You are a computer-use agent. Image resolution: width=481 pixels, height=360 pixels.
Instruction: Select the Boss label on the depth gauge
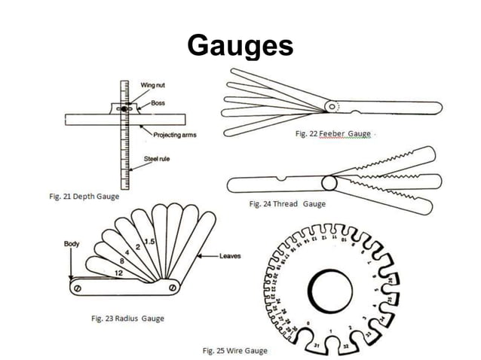pyautogui.click(x=158, y=102)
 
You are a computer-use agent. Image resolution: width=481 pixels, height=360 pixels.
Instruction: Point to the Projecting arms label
pyautogui.click(x=175, y=135)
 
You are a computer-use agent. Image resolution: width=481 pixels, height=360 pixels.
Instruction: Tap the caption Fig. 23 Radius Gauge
pyautogui.click(x=127, y=319)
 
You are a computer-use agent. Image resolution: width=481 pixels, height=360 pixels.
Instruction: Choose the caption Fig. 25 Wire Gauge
pyautogui.click(x=234, y=350)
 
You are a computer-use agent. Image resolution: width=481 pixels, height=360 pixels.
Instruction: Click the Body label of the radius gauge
pyautogui.click(x=72, y=243)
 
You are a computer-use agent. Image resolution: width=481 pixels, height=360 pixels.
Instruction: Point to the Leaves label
pyautogui.click(x=230, y=257)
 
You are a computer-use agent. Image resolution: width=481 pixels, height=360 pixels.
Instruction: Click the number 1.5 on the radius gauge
pyautogui.click(x=150, y=241)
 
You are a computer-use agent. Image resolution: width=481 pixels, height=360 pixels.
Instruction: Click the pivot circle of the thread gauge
pyautogui.click(x=329, y=184)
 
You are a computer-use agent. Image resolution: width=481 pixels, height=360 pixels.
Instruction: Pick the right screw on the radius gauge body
pyautogui.click(x=173, y=287)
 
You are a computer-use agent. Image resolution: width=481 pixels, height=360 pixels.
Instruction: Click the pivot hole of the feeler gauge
pyautogui.click(x=332, y=108)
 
